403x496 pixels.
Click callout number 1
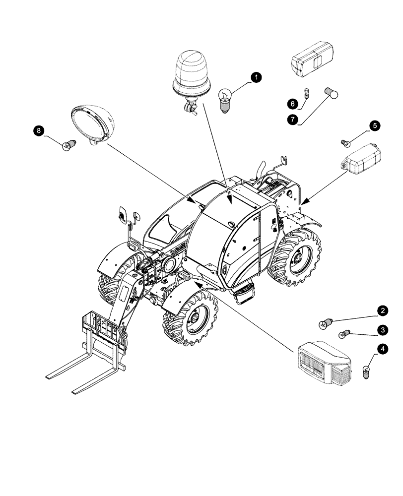256,77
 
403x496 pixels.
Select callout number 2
382,311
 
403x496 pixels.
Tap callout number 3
382,329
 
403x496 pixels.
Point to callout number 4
382,350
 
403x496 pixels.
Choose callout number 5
375,126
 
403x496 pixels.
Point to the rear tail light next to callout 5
360,159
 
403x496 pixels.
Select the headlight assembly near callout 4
324,364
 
